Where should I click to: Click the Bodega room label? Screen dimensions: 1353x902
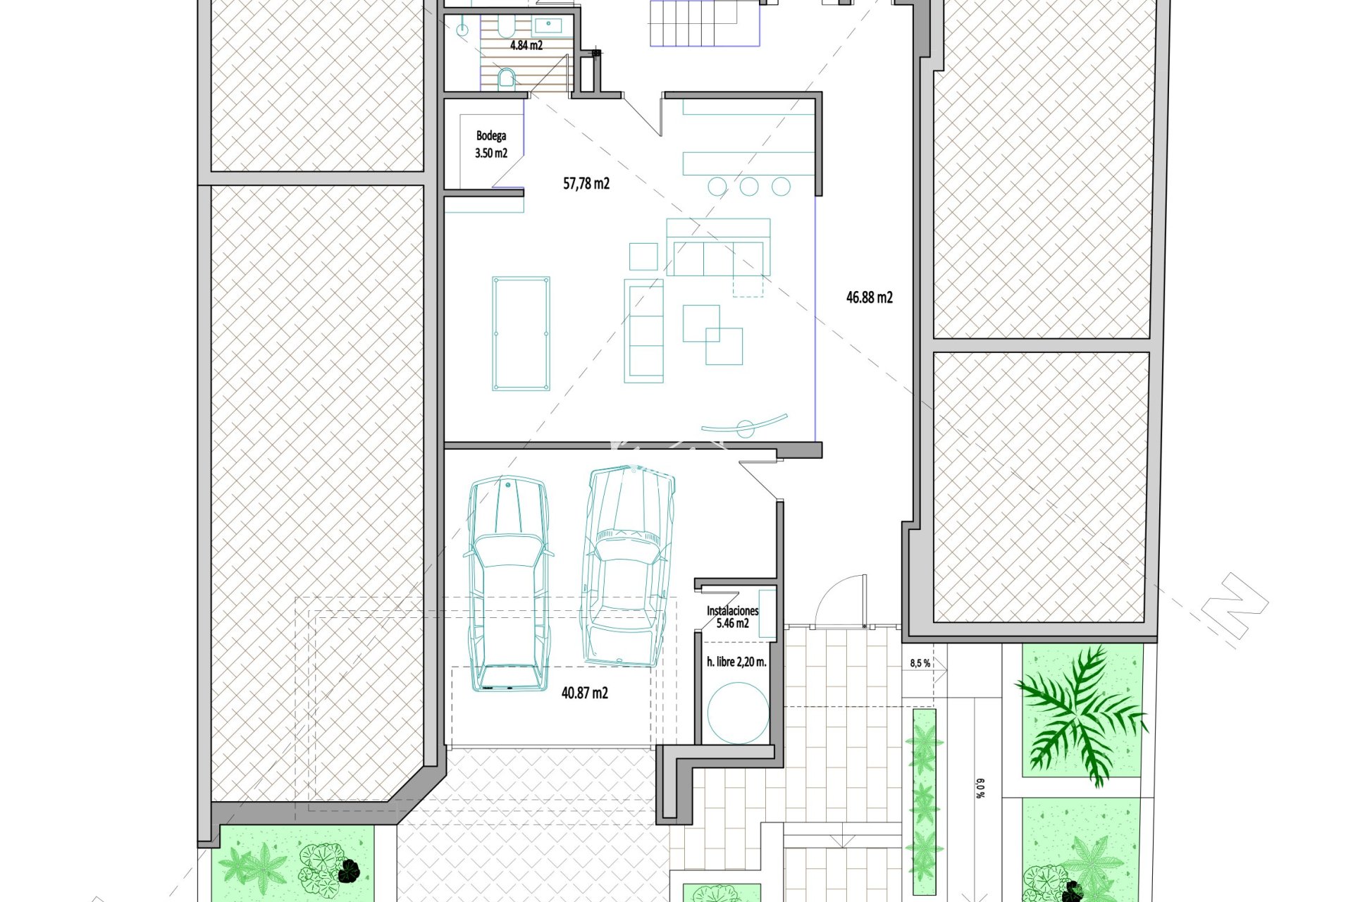pos(491,136)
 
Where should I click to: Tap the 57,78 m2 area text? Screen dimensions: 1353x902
pos(586,184)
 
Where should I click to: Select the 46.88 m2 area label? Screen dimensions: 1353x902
pos(870,297)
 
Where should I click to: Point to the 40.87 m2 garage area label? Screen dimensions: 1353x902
pos(585,693)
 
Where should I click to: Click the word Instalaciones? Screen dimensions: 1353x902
pos(733,611)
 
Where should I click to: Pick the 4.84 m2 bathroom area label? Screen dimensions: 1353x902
pos(526,46)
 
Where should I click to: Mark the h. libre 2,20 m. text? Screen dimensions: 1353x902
pos(736,662)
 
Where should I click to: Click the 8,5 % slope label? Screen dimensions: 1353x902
pos(920,663)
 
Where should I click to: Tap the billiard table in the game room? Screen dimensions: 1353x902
pos(521,333)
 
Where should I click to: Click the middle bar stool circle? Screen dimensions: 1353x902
pos(749,186)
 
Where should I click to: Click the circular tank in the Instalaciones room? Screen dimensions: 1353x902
pos(738,712)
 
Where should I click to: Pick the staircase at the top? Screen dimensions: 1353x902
pos(705,23)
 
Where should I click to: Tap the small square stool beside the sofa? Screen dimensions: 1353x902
pos(643,257)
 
